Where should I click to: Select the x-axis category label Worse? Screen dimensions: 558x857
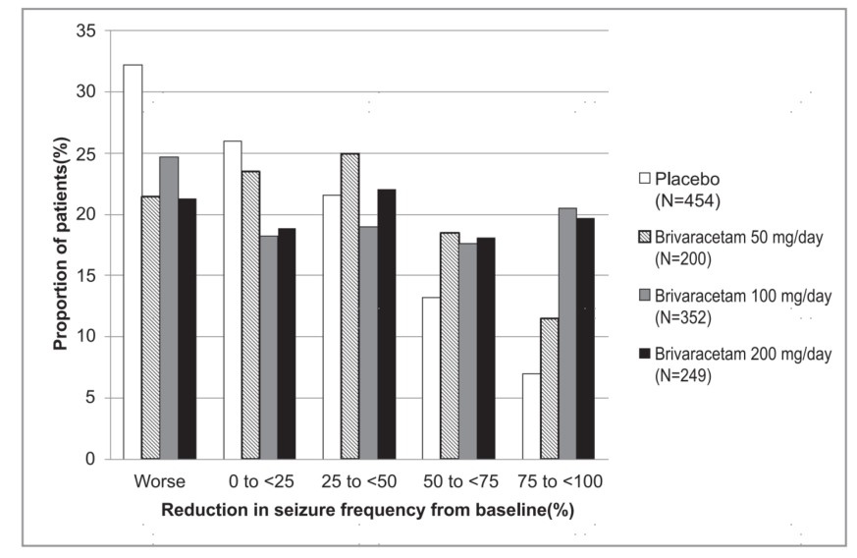(x=159, y=482)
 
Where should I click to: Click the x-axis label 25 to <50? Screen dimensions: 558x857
(x=359, y=482)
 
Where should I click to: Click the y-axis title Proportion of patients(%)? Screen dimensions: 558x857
(x=60, y=244)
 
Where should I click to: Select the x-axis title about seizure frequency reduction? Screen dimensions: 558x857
(x=367, y=511)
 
